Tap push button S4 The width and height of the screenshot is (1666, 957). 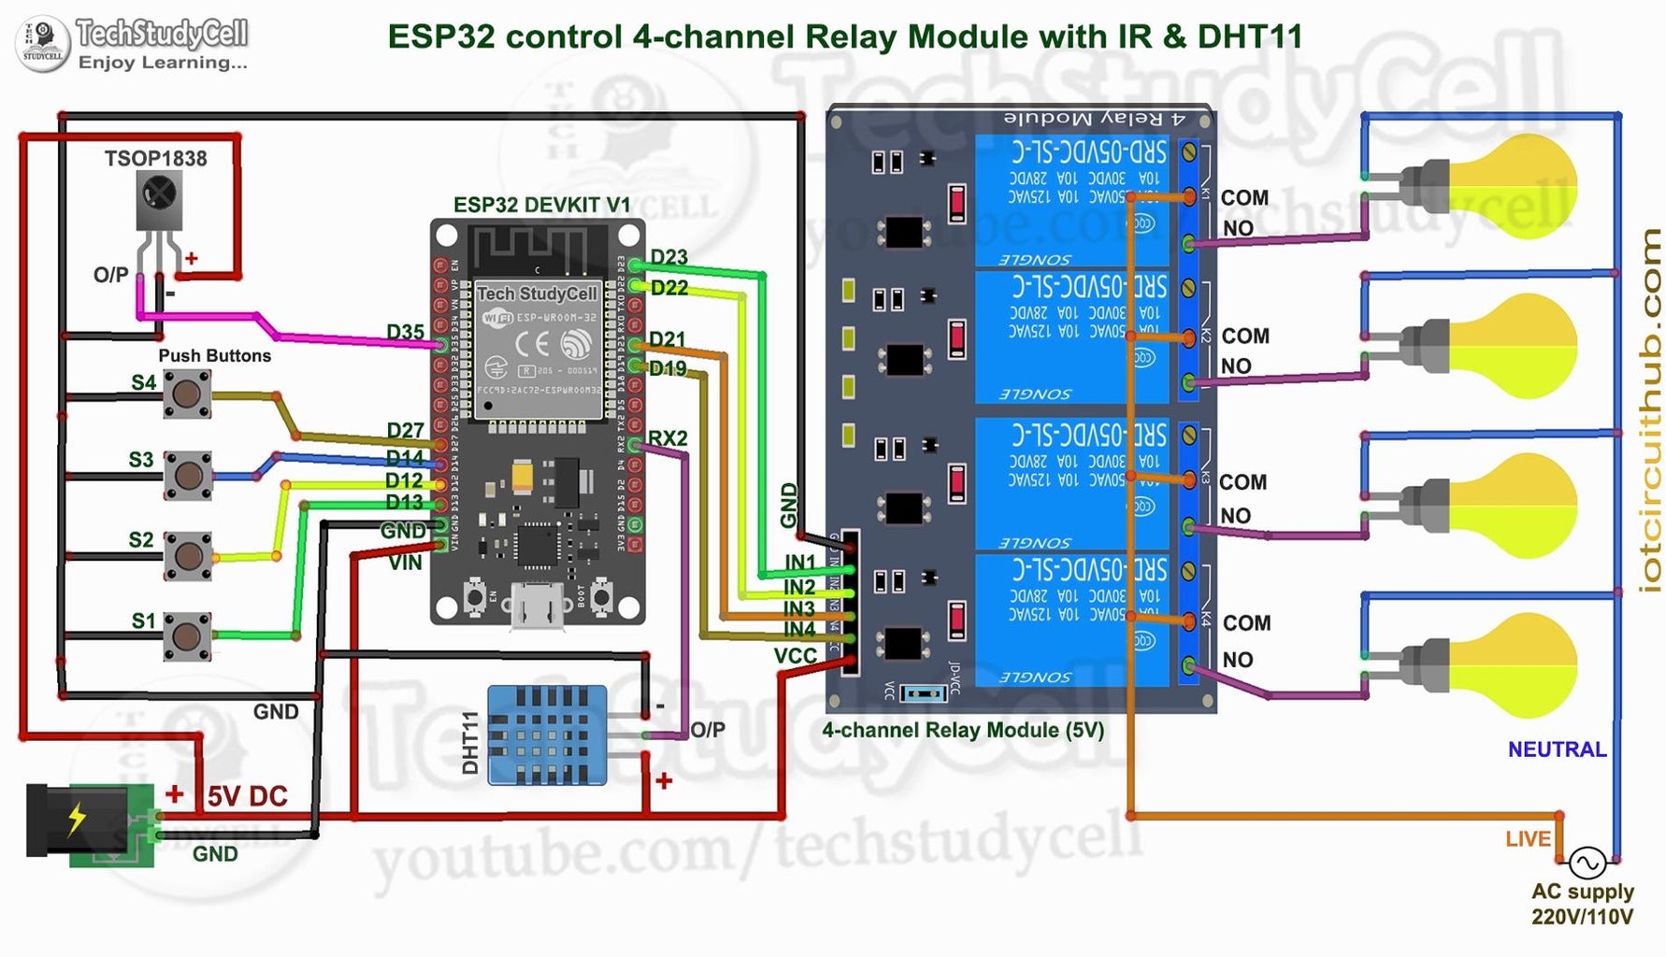(187, 393)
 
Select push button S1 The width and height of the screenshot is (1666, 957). (187, 636)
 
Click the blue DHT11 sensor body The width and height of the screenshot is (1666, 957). (547, 735)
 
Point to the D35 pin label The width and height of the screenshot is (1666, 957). (405, 332)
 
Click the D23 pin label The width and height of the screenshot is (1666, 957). (668, 257)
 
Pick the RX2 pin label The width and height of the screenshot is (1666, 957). (668, 438)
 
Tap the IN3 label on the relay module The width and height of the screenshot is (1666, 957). (799, 609)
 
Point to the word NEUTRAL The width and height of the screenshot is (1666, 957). (1557, 750)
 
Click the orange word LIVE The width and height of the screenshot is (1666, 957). (1528, 839)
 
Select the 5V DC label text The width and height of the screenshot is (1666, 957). (247, 796)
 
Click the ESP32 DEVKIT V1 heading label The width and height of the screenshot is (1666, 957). (541, 205)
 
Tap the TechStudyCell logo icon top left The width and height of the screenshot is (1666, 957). (42, 43)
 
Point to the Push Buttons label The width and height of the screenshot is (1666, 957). (214, 356)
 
